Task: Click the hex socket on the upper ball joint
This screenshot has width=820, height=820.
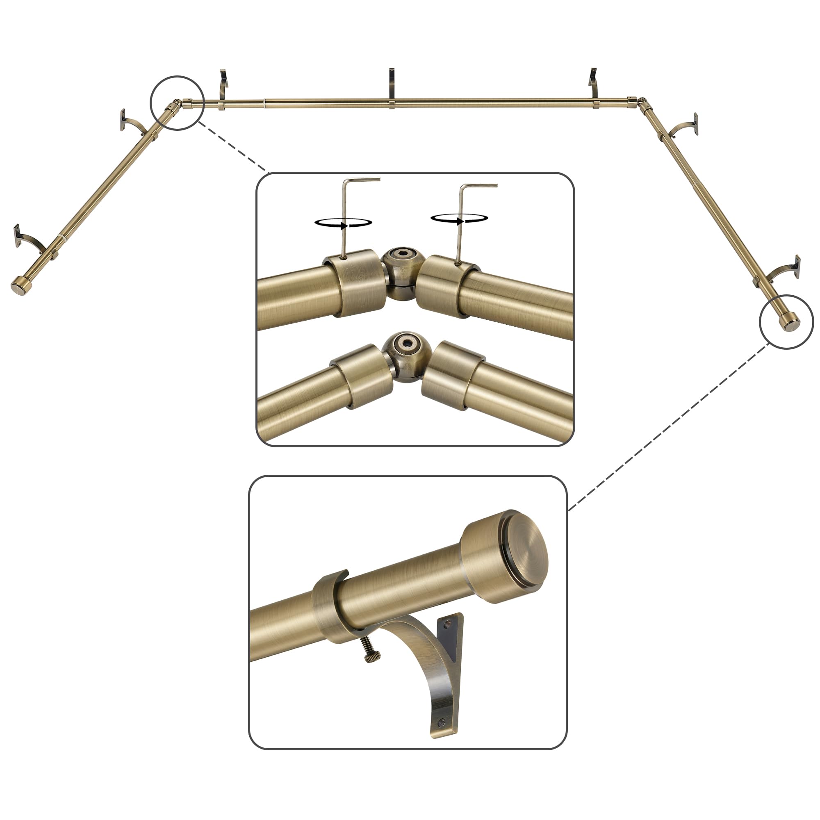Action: coord(400,256)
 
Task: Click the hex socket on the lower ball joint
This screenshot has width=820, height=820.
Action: coord(406,342)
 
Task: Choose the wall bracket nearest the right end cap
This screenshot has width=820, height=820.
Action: coord(785,270)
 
